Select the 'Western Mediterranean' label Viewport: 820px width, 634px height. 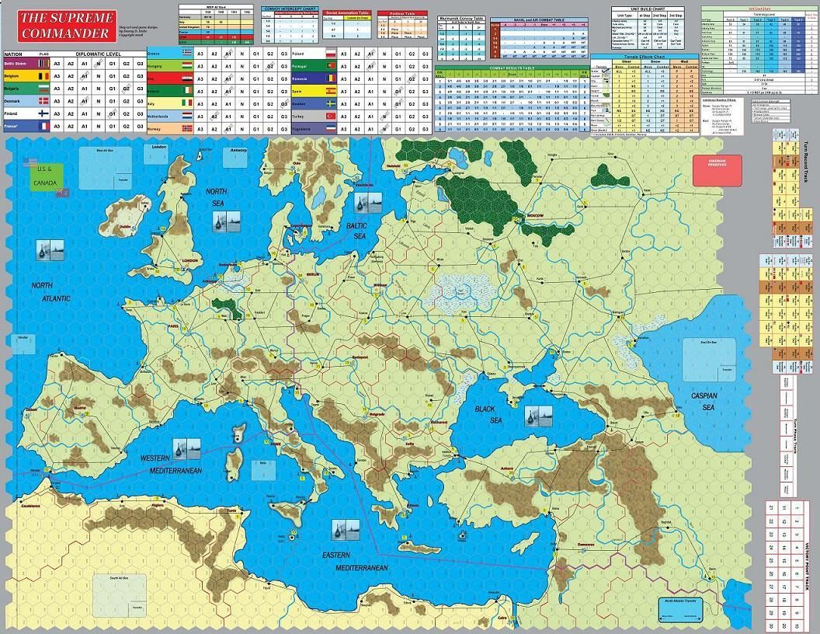click(x=171, y=465)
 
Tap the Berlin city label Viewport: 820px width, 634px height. click(x=313, y=276)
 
